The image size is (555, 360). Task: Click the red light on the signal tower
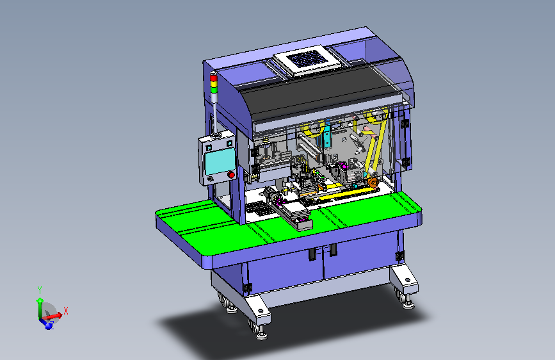pyautogui.click(x=213, y=78)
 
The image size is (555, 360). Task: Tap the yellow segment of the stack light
pyautogui.click(x=214, y=85)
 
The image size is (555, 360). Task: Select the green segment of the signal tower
pyautogui.click(x=214, y=90)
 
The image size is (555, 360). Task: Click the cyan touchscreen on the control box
pyautogui.click(x=220, y=161)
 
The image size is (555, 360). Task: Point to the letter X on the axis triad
pyautogui.click(x=66, y=311)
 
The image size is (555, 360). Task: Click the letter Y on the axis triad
pyautogui.click(x=40, y=290)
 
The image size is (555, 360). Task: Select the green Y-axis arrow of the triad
pyautogui.click(x=40, y=308)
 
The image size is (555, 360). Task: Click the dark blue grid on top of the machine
pyautogui.click(x=307, y=59)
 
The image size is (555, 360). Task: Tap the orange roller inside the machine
pyautogui.click(x=373, y=183)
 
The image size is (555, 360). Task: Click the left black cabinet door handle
pyautogui.click(x=312, y=254)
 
